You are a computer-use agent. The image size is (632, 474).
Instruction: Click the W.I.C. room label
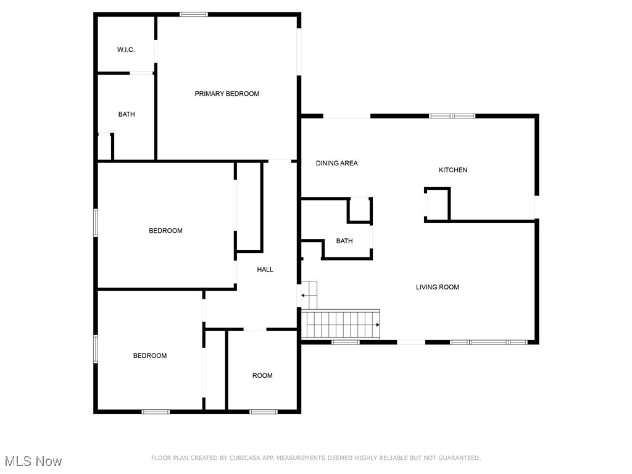pos(126,49)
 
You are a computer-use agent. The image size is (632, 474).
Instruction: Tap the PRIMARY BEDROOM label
pos(227,94)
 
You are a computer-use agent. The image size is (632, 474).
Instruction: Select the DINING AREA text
pos(336,164)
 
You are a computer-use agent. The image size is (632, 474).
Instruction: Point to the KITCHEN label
pos(452,170)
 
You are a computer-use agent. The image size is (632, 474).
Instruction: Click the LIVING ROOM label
pos(437,287)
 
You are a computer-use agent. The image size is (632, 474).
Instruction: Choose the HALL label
pos(265,270)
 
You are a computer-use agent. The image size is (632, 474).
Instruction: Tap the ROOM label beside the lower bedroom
pos(262,376)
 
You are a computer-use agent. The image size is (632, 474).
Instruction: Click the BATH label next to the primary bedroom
pos(127,114)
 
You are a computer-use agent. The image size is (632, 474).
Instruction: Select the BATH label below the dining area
pos(344,241)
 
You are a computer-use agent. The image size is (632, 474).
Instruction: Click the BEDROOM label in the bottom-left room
pos(150,355)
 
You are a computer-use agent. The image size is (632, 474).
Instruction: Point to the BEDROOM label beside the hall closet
pos(165,231)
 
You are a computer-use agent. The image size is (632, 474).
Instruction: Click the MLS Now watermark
pos(33,461)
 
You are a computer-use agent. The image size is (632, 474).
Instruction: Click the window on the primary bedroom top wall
pos(194,14)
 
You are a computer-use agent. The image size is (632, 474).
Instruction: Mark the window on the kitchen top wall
pos(452,115)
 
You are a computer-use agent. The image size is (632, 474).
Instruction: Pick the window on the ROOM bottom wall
pos(263,412)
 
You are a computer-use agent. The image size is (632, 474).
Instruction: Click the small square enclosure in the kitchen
pos(437,204)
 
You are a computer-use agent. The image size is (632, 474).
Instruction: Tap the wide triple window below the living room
pos(488,341)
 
